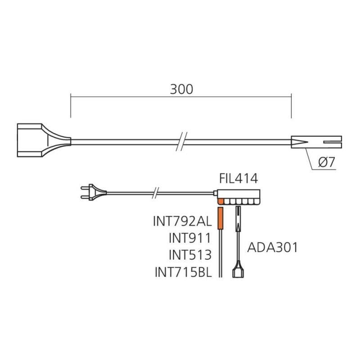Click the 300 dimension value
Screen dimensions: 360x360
click(x=181, y=89)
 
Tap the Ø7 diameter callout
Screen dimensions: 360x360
click(x=327, y=162)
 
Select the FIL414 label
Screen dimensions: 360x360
click(x=238, y=178)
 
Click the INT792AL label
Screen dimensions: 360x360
click(x=182, y=221)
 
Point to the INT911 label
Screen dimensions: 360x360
click(x=190, y=238)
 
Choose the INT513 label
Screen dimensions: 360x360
click(x=190, y=255)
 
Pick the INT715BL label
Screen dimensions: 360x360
click(x=183, y=272)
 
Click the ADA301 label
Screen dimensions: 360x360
click(x=272, y=247)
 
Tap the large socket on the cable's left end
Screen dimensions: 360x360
click(x=44, y=140)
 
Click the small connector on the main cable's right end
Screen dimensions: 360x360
click(x=316, y=142)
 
